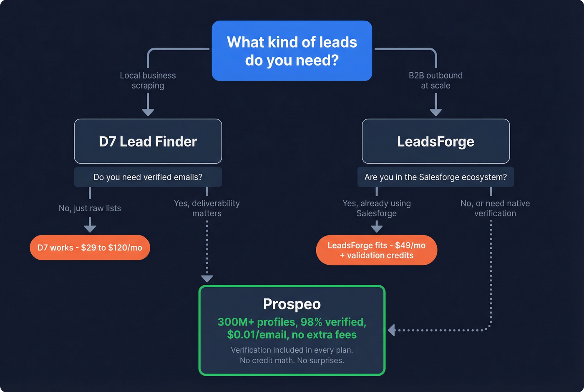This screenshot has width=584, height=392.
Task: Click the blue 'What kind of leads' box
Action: pyautogui.click(x=292, y=51)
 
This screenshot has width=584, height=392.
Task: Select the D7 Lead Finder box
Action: pyautogui.click(x=148, y=142)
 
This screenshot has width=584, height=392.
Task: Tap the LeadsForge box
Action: pyautogui.click(x=435, y=142)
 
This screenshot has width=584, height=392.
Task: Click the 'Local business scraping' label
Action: pyautogui.click(x=148, y=81)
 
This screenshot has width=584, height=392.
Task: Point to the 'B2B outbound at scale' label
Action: pyautogui.click(x=435, y=81)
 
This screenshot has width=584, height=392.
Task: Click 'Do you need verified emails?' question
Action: pyautogui.click(x=148, y=177)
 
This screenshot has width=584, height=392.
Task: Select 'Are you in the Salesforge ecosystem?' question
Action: pyautogui.click(x=435, y=177)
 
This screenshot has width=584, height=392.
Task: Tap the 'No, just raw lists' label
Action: pyautogui.click(x=90, y=208)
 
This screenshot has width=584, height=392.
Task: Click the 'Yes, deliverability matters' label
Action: pyautogui.click(x=207, y=208)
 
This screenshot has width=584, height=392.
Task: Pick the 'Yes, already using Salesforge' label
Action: pyautogui.click(x=377, y=208)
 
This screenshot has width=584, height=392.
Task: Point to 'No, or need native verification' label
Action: pyautogui.click(x=495, y=208)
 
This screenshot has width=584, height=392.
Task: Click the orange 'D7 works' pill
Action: pyautogui.click(x=90, y=248)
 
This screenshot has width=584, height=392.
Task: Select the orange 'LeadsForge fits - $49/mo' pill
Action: pyautogui.click(x=377, y=250)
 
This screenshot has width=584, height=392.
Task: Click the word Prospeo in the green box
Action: pyautogui.click(x=292, y=304)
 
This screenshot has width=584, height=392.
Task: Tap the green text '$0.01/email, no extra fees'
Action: pyautogui.click(x=292, y=335)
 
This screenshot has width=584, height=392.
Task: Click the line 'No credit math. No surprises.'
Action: pyautogui.click(x=292, y=360)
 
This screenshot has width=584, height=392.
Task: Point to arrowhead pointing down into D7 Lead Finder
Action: pyautogui.click(x=148, y=112)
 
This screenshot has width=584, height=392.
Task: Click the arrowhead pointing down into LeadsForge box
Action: pyautogui.click(x=435, y=112)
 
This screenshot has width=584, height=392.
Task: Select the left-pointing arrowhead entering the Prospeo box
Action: pyautogui.click(x=391, y=330)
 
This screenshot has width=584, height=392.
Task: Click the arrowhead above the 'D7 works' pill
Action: pyautogui.click(x=90, y=228)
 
